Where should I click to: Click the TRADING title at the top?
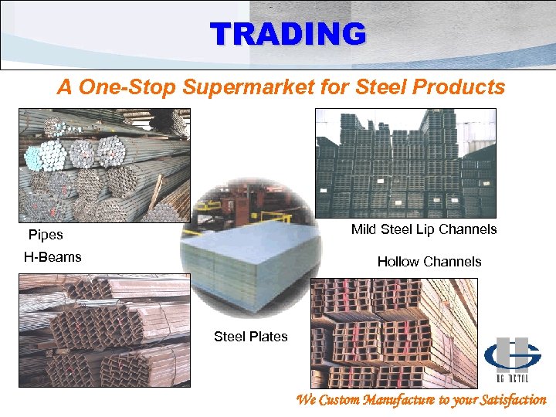pyautogui.click(x=287, y=34)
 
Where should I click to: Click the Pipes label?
pyautogui.click(x=46, y=235)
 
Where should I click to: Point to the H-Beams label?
pyautogui.click(x=53, y=257)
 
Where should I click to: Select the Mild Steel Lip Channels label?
pyautogui.click(x=424, y=229)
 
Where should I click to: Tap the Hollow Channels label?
pyautogui.click(x=429, y=262)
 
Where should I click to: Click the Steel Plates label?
pyautogui.click(x=250, y=336)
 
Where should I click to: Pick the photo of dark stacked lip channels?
pyautogui.click(x=405, y=162)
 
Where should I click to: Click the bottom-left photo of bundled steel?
pyautogui.click(x=104, y=330)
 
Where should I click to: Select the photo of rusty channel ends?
pyautogui.click(x=394, y=332)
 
